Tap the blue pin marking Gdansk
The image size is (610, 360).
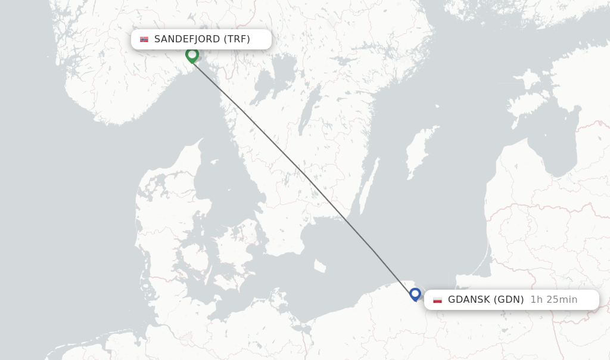pyautogui.click(x=415, y=294)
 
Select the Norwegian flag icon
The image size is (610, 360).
pyautogui.click(x=144, y=39)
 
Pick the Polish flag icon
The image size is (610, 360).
pyautogui.click(x=438, y=300)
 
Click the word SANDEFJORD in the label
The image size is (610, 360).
pyautogui.click(x=187, y=39)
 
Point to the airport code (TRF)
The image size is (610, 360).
pyautogui.click(x=236, y=39)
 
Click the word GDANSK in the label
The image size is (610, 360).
pyautogui.click(x=470, y=300)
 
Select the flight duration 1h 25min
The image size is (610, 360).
pyautogui.click(x=553, y=300)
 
